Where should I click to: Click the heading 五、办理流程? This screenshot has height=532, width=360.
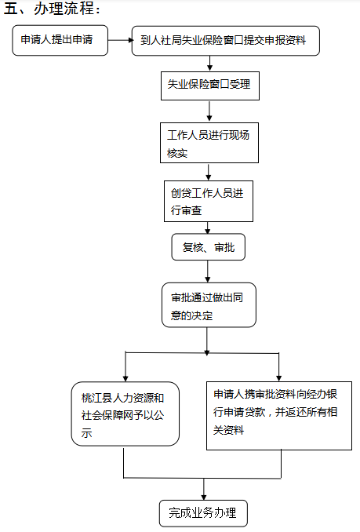pyautogui.click(x=52, y=9)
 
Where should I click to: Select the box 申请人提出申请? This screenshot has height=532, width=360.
pyautogui.click(x=60, y=40)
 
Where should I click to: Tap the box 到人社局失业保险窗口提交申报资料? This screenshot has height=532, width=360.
pyautogui.click(x=225, y=41)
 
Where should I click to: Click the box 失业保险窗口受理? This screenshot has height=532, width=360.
pyautogui.click(x=210, y=86)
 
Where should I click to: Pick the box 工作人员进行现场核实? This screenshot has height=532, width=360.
pyautogui.click(x=209, y=143)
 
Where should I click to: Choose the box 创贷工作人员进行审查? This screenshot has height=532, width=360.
pyautogui.click(x=209, y=201)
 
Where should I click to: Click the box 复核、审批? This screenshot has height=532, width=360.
pyautogui.click(x=208, y=247)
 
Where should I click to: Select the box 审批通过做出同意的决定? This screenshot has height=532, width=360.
pyautogui.click(x=209, y=305)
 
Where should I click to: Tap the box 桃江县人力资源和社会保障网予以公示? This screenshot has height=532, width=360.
pyautogui.click(x=125, y=414)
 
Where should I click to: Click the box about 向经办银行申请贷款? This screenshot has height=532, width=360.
pyautogui.click(x=279, y=416)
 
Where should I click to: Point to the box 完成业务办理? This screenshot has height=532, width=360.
pyautogui.click(x=203, y=513)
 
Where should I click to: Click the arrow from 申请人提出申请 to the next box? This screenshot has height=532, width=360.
pyautogui.click(x=121, y=40)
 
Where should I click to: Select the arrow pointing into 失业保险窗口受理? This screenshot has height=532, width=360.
pyautogui.click(x=210, y=63)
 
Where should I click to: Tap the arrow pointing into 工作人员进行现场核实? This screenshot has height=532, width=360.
pyautogui.click(x=209, y=111)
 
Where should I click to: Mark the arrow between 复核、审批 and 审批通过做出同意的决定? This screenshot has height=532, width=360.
pyautogui.click(x=208, y=271)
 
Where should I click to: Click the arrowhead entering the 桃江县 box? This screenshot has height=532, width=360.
pyautogui.click(x=125, y=379)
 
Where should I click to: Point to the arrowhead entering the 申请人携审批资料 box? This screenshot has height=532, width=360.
pyautogui.click(x=278, y=378)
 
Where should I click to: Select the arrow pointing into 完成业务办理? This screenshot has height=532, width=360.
pyautogui.click(x=203, y=490)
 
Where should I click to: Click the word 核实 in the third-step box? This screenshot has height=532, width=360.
pyautogui.click(x=177, y=153)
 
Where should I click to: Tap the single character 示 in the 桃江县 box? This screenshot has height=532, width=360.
pyautogui.click(x=86, y=433)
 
